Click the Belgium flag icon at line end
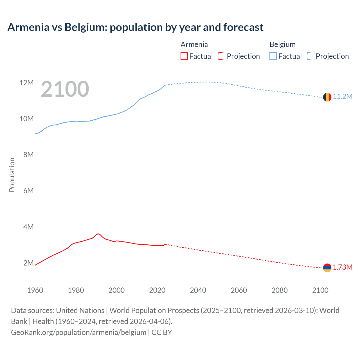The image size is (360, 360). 327,97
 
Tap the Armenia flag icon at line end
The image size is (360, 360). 327,268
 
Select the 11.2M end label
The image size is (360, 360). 343,96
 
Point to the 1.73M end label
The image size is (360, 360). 343,267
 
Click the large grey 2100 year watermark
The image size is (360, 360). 65,89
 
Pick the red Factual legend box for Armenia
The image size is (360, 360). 184,56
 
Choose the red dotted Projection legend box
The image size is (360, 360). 222,56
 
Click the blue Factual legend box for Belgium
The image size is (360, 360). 273,56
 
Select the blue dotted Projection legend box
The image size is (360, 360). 310,56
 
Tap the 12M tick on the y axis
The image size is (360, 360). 26,83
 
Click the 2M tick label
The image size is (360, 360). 28,263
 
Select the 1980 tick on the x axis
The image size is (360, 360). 76,290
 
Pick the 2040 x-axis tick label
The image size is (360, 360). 198,290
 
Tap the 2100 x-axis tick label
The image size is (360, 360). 320,290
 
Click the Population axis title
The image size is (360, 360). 12,175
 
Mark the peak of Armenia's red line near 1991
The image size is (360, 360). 98,234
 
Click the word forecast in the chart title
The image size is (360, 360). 243,27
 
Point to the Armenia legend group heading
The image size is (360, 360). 194,44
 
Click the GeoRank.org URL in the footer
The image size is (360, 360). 78,332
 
